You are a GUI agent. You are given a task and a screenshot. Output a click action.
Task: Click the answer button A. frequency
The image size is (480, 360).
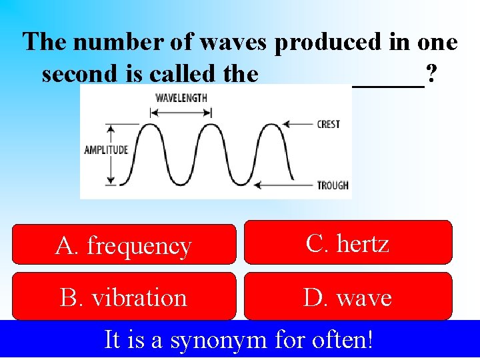pyautogui.click(x=124, y=245)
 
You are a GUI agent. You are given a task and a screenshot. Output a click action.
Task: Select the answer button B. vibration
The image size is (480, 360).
pyautogui.click(x=124, y=297)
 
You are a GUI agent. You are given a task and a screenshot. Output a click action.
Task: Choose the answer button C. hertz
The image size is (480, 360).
pyautogui.click(x=347, y=243)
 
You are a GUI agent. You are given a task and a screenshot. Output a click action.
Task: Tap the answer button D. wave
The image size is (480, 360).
pyautogui.click(x=347, y=297)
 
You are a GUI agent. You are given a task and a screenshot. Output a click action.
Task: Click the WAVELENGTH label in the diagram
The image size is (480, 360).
pyautogui.click(x=181, y=97)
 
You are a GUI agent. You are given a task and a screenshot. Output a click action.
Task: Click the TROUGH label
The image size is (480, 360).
pyautogui.click(x=333, y=185)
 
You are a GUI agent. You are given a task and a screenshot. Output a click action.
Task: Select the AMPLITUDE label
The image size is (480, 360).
pyautogui.click(x=105, y=150)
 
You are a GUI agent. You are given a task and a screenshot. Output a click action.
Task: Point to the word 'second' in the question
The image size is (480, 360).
pyautogui.click(x=73, y=73)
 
